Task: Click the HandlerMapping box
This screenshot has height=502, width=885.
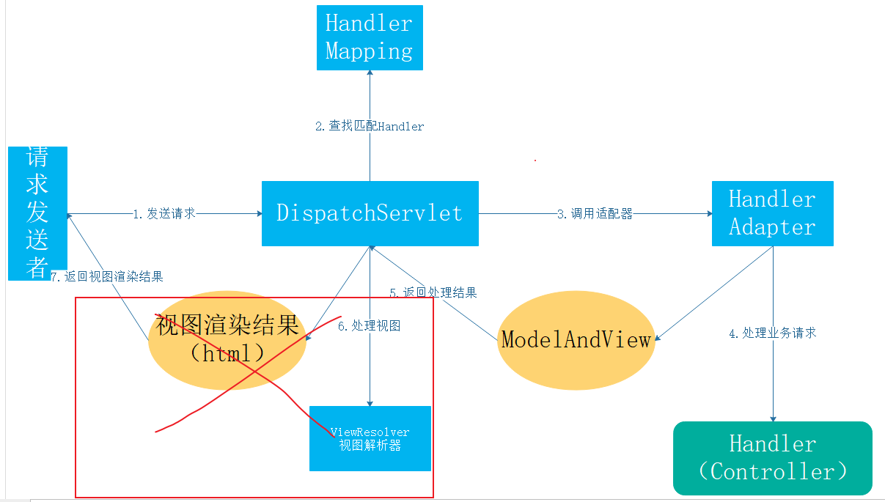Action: pyautogui.click(x=370, y=37)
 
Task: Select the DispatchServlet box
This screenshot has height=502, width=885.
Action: pyautogui.click(x=370, y=214)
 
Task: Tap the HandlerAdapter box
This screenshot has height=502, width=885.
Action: pyautogui.click(x=773, y=214)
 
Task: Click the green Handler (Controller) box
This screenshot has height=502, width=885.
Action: pyautogui.click(x=773, y=458)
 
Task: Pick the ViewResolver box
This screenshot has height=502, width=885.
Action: pyautogui.click(x=370, y=438)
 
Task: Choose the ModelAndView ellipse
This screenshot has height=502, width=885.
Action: pyautogui.click(x=576, y=340)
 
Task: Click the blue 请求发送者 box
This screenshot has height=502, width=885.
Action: pyautogui.click(x=37, y=213)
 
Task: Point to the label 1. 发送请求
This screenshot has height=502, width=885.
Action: pyautogui.click(x=164, y=214)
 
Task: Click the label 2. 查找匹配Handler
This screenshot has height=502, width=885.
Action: pyautogui.click(x=370, y=126)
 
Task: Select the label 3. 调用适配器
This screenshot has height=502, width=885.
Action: pyautogui.click(x=595, y=214)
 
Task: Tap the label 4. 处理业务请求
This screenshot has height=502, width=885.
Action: pyautogui.click(x=773, y=333)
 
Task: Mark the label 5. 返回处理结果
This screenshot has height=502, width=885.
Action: pyautogui.click(x=433, y=292)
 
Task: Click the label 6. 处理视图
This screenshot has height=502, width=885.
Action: pyautogui.click(x=370, y=326)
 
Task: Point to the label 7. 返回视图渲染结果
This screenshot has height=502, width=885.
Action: pyautogui.click(x=107, y=276)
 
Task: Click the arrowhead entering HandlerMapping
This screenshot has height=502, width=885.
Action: pyautogui.click(x=370, y=73)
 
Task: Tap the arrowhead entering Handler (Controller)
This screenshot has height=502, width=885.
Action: pyautogui.click(x=773, y=418)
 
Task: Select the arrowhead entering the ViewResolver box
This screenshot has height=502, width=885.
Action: pyautogui.click(x=370, y=403)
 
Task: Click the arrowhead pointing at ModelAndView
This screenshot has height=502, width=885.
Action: pyautogui.click(x=658, y=338)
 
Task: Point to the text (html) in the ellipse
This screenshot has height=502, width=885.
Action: pyautogui.click(x=227, y=352)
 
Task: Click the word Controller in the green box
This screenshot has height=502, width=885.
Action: pyautogui.click(x=773, y=471)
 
